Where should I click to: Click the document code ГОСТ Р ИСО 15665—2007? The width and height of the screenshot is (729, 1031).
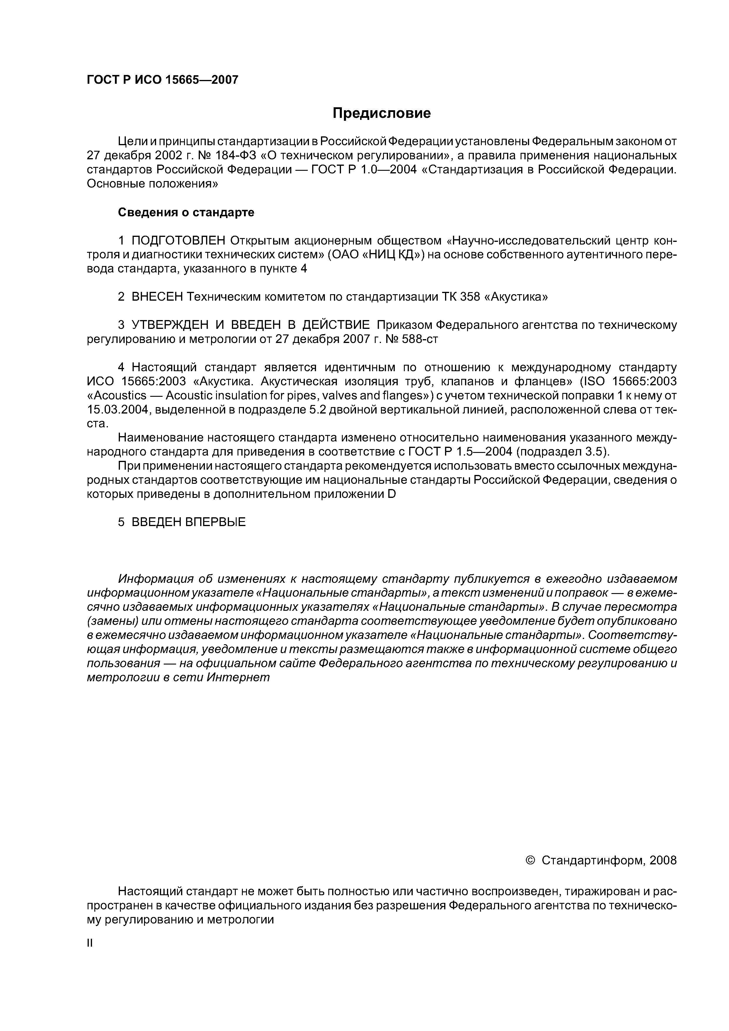coord(162,80)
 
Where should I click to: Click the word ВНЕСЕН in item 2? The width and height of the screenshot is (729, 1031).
coord(157,297)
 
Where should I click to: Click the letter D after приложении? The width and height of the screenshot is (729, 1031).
coord(391,494)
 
